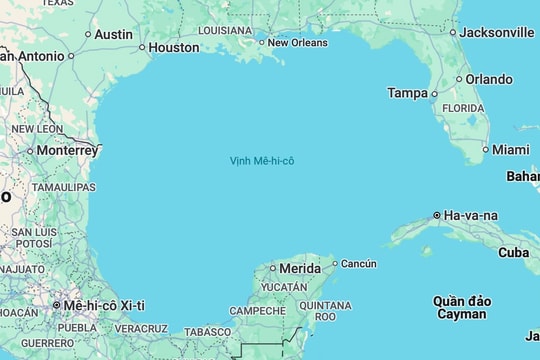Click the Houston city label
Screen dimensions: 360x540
[174, 47]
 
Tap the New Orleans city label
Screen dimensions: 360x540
[297, 42]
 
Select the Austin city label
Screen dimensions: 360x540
[113, 34]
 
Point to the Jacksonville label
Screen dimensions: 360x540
[497, 32]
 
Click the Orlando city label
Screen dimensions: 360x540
[489, 79]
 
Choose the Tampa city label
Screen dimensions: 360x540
[407, 93]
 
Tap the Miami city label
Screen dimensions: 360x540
[511, 149]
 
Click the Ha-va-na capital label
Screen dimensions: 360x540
[471, 215]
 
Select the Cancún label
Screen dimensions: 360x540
[359, 264]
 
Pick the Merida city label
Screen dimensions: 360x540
[300, 268]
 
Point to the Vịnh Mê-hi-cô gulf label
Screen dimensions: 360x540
[262, 160]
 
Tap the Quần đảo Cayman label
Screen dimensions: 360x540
[462, 307]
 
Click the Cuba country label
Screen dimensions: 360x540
[514, 252]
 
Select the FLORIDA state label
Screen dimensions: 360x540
[463, 108]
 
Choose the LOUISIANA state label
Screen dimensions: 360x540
[225, 30]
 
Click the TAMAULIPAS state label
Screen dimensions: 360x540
[63, 187]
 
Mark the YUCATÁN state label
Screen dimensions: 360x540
[284, 287]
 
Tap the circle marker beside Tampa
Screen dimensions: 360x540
[434, 94]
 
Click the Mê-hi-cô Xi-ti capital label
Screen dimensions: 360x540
[104, 305]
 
